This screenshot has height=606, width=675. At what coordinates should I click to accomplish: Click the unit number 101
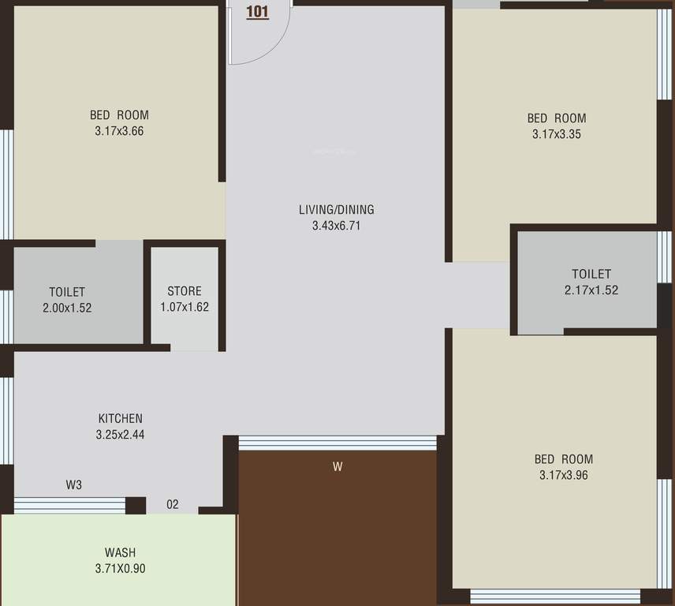pyautogui.click(x=257, y=12)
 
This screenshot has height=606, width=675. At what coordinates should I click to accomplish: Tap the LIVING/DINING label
pyautogui.click(x=336, y=210)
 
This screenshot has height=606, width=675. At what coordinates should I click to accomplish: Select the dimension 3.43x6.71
pyautogui.click(x=336, y=226)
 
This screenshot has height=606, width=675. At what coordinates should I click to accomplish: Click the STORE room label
pyautogui.click(x=185, y=291)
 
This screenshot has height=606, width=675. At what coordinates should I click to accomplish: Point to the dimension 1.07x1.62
pyautogui.click(x=185, y=307)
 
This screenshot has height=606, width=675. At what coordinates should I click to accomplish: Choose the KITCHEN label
pyautogui.click(x=120, y=419)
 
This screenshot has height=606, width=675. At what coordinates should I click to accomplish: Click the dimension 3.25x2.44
pyautogui.click(x=120, y=435)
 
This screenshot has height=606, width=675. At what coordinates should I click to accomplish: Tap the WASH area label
pyautogui.click(x=120, y=552)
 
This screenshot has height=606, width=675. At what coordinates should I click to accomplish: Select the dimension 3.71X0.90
pyautogui.click(x=120, y=569)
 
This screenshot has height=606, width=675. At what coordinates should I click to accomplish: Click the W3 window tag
pyautogui.click(x=73, y=485)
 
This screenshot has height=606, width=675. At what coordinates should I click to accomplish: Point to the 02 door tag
pyautogui.click(x=172, y=504)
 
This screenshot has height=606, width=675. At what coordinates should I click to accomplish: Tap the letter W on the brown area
pyautogui.click(x=337, y=466)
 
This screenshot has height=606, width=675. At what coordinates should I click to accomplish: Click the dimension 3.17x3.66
pyautogui.click(x=119, y=131)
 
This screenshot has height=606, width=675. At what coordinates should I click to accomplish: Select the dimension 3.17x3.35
pyautogui.click(x=557, y=134)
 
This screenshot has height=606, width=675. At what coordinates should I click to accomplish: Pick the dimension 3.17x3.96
pyautogui.click(x=564, y=475)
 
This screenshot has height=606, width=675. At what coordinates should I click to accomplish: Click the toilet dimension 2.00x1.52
pyautogui.click(x=67, y=308)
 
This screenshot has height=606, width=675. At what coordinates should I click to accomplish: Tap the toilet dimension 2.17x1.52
pyautogui.click(x=591, y=290)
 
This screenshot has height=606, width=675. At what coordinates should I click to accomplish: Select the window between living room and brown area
pyautogui.click(x=337, y=443)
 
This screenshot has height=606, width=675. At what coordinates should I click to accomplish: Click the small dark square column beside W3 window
pyautogui.click(x=136, y=506)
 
